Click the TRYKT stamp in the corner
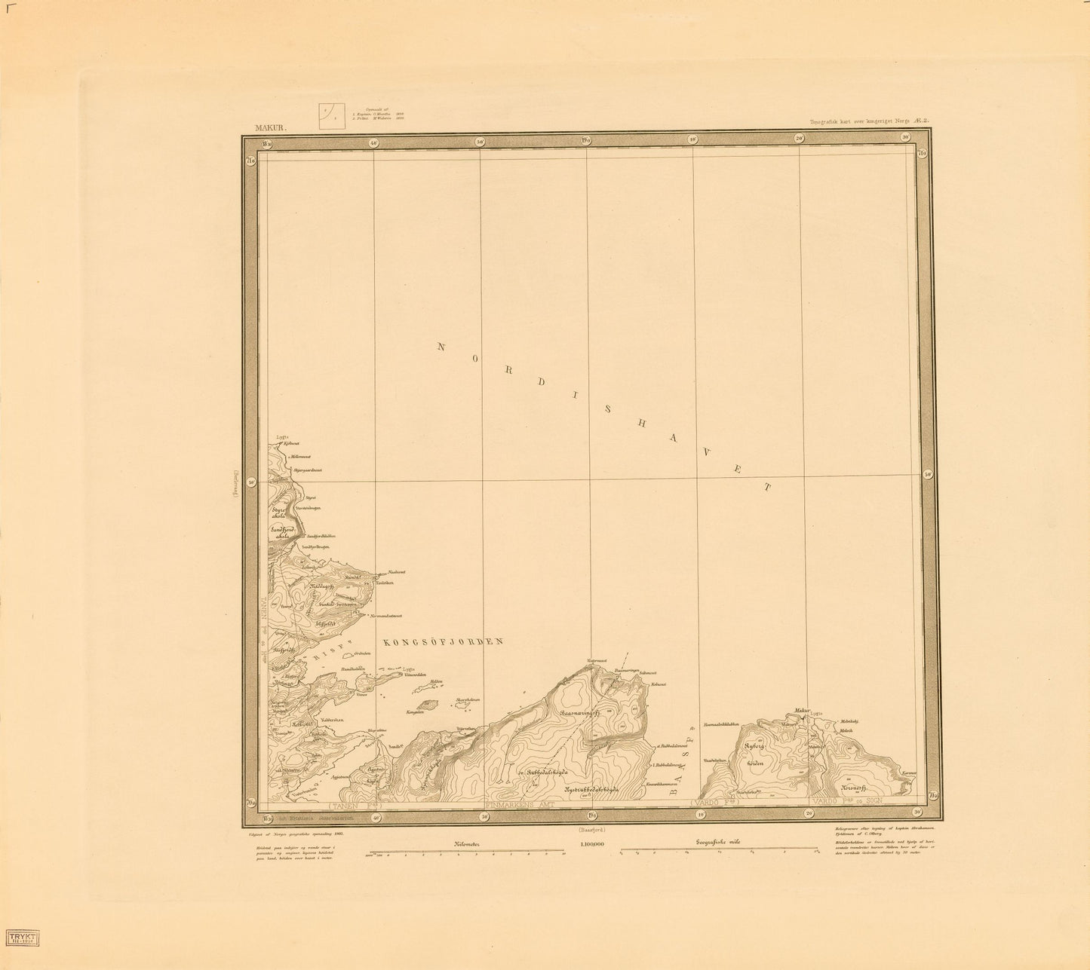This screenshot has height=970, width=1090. coord(23,937)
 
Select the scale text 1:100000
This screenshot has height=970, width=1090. coord(591,845)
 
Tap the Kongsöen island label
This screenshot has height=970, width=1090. coord(414,711)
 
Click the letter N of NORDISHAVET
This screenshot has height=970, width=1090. coord(442,347)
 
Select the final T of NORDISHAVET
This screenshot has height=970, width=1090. coord(768,488)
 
